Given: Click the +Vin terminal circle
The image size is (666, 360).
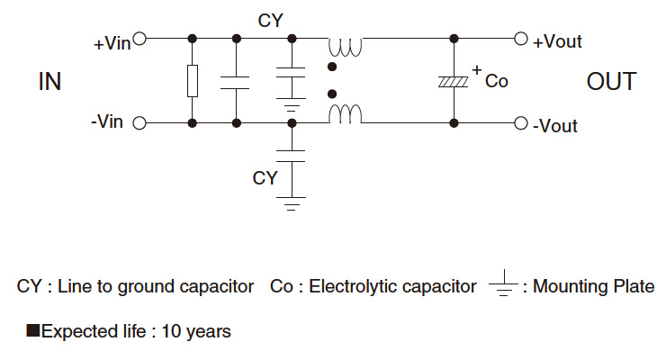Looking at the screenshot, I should point(139,40).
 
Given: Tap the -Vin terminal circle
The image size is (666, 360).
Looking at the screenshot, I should point(139,123).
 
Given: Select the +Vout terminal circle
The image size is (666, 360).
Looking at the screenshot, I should point(520,40).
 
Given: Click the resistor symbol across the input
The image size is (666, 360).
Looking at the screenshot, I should point(192,81).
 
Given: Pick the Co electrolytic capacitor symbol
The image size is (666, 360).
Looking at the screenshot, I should point(454,81).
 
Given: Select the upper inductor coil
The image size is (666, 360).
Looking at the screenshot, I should point(344,45).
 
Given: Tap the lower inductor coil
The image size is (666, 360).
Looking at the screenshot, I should point(344,114).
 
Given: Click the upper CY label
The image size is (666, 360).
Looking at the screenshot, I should point(268,19).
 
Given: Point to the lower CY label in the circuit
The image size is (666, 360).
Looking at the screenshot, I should point(265,178).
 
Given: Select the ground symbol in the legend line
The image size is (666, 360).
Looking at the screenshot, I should point(505,286).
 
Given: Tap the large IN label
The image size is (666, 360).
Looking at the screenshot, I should point(49,82).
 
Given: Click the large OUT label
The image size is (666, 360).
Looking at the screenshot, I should point(611,82).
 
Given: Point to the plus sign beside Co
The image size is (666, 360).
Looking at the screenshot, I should point(476,69).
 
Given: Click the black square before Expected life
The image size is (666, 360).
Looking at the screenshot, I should point(32,331).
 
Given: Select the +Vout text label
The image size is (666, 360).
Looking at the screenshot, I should point(557,41).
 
